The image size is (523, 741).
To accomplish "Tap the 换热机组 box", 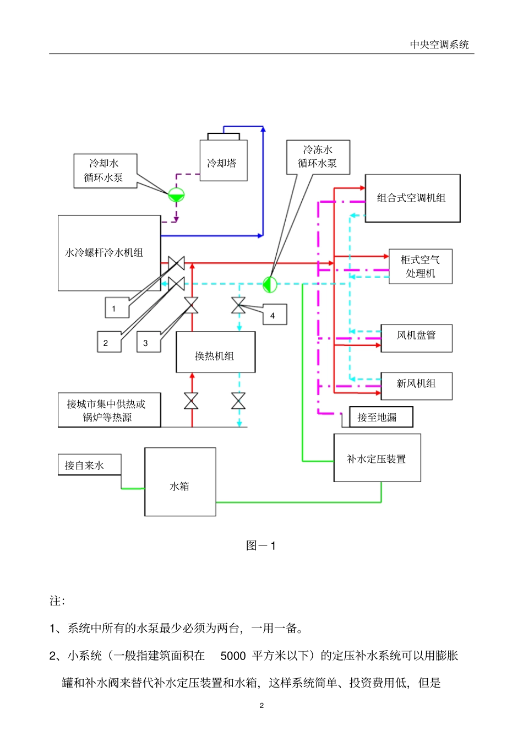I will [x=215, y=353].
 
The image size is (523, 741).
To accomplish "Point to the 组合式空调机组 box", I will [x=412, y=198].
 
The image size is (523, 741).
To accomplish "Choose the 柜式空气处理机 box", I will [x=420, y=266].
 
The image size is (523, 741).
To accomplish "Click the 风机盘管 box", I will [x=416, y=338].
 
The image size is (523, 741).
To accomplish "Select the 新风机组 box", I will [x=416, y=386].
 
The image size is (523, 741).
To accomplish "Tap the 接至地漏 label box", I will [x=380, y=417].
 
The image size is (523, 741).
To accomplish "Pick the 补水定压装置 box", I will [x=377, y=458].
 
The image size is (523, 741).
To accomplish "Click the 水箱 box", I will [x=180, y=482].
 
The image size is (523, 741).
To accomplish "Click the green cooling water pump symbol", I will [x=176, y=194].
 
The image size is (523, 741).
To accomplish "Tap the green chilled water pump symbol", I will [x=269, y=284].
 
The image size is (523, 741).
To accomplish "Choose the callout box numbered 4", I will [x=274, y=315].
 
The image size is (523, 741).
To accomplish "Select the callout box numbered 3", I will [x=148, y=342].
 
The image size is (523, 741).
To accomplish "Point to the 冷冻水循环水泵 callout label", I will [x=318, y=157].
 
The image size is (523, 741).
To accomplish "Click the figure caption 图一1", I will [x=261, y=545].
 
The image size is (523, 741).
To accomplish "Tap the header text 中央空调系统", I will [x=439, y=45].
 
